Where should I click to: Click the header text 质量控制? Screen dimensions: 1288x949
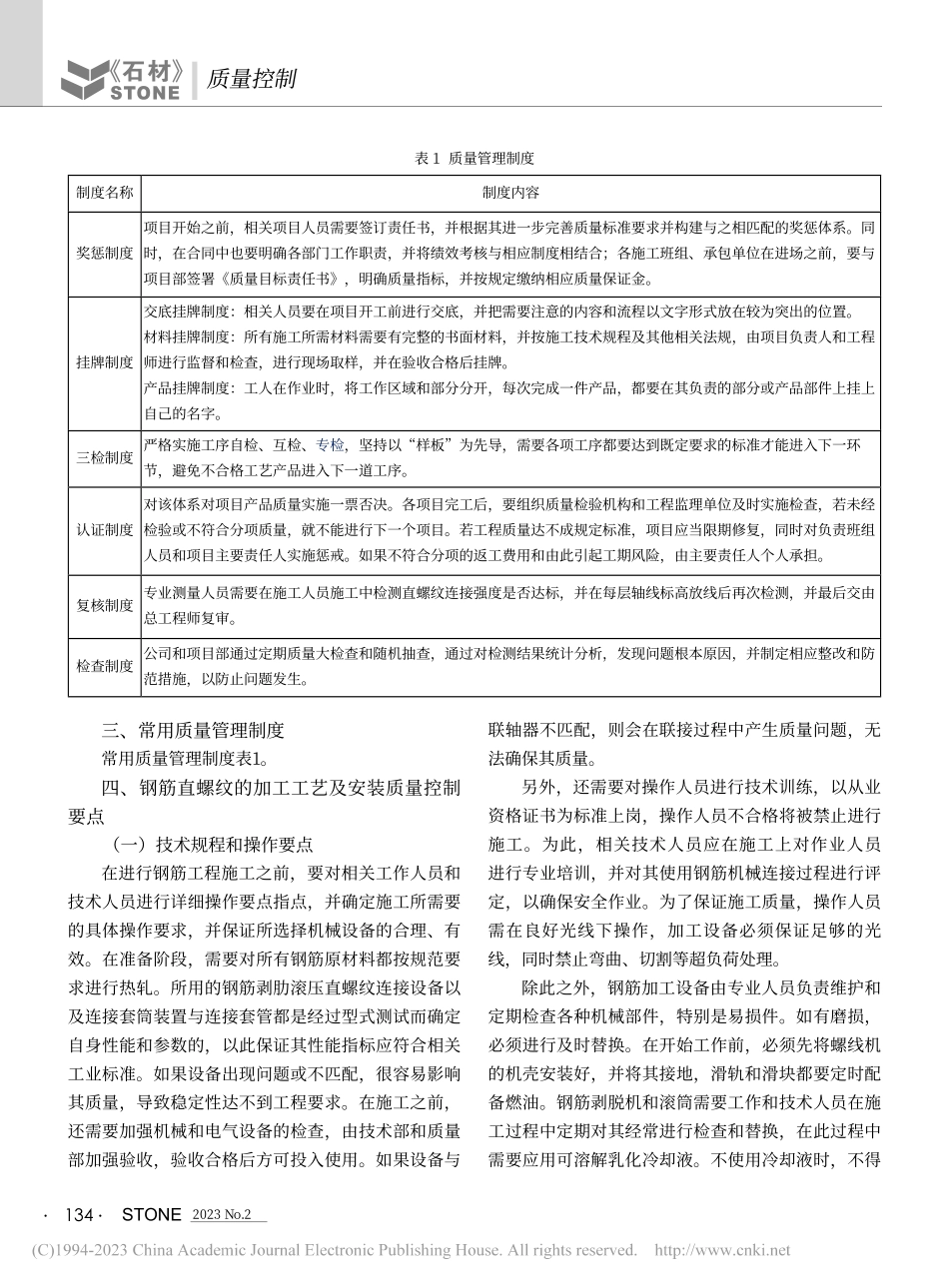click(x=251, y=79)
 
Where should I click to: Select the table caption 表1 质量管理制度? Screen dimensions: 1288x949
click(x=474, y=158)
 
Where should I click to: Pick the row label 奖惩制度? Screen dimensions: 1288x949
click(x=104, y=253)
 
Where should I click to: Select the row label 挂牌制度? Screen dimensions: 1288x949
click(x=104, y=361)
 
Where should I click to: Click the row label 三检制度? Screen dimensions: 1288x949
click(x=104, y=458)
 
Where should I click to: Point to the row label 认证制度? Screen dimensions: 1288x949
click(x=104, y=529)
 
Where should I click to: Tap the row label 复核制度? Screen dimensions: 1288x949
click(x=104, y=605)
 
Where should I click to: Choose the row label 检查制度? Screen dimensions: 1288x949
click(x=104, y=666)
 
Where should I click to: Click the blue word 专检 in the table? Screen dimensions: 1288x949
click(x=330, y=446)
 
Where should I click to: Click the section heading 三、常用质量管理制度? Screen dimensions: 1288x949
click(x=194, y=730)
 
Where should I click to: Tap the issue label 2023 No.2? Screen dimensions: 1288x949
click(x=221, y=1215)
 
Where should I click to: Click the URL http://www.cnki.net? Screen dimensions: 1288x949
click(x=721, y=1249)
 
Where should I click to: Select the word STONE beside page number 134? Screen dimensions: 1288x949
click(x=151, y=1215)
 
